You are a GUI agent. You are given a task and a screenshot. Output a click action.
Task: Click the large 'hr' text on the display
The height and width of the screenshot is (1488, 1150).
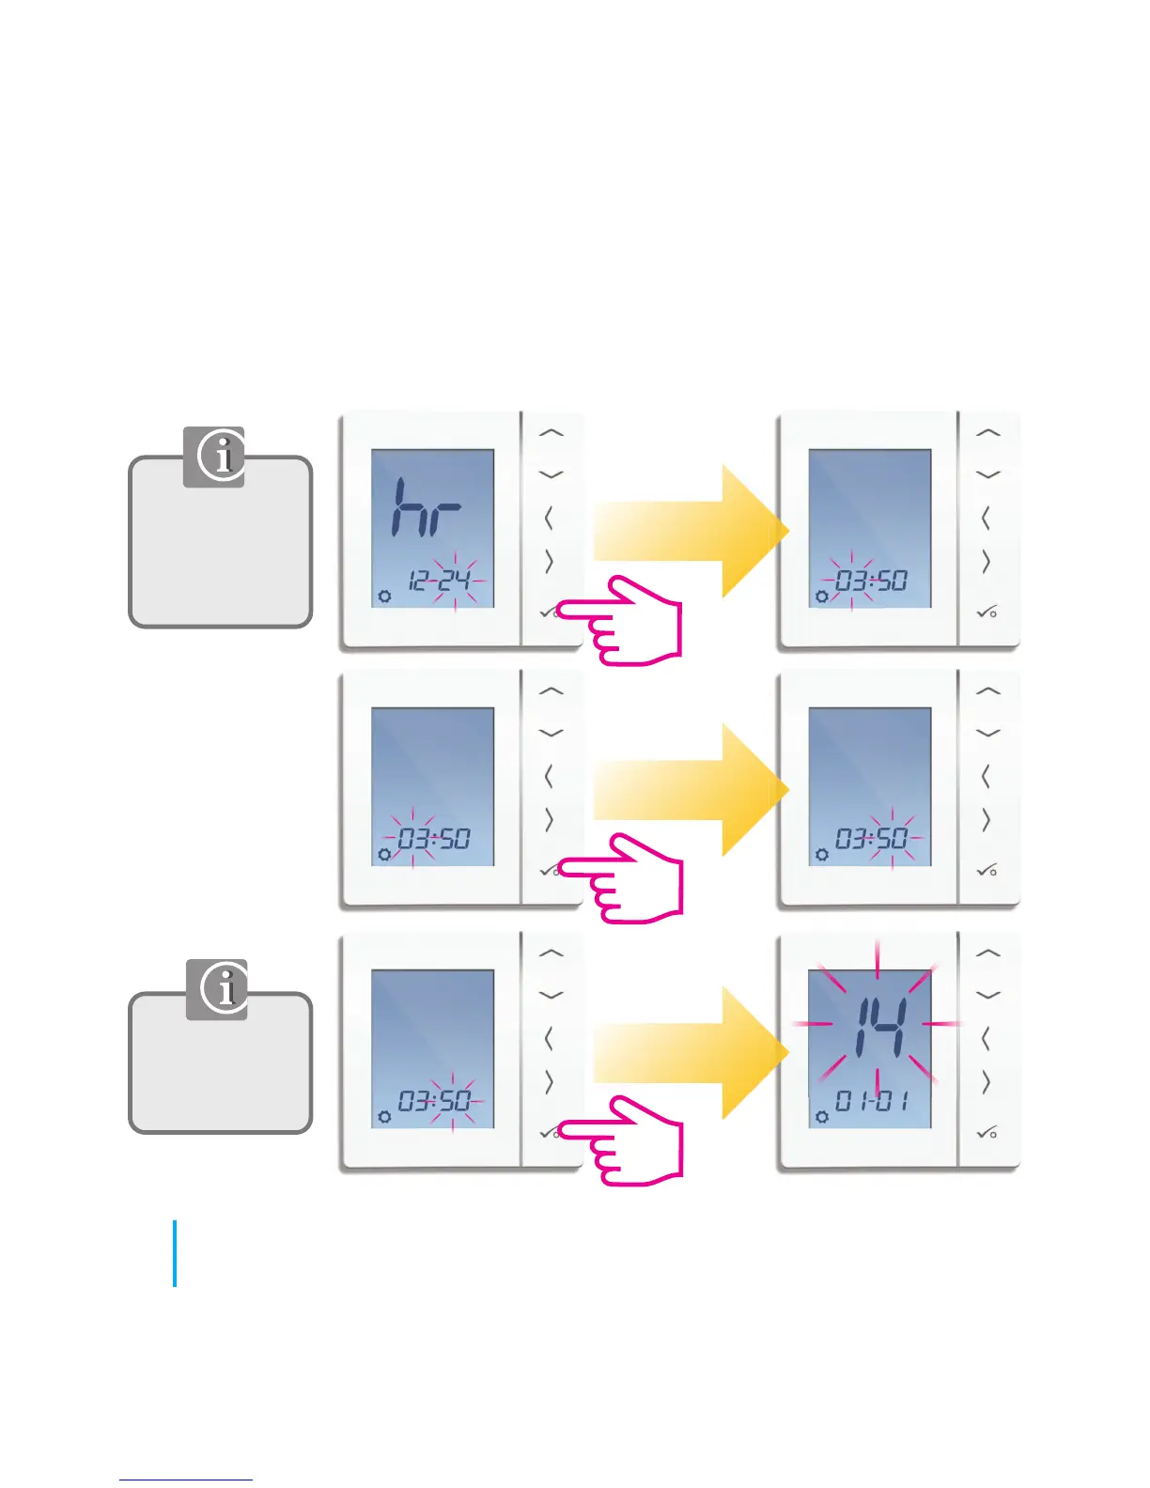(x=426, y=508)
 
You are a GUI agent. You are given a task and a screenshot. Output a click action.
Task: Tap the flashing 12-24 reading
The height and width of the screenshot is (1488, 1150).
(x=441, y=581)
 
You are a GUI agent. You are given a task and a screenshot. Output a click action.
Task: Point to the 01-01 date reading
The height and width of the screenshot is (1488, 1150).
(x=872, y=1101)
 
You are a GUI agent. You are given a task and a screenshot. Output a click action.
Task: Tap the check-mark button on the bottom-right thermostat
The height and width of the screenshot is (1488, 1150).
(x=987, y=1133)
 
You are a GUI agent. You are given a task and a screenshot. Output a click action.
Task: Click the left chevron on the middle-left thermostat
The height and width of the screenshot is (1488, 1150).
(x=549, y=777)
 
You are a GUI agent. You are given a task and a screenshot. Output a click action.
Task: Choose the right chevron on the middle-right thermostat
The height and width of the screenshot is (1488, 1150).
(x=986, y=820)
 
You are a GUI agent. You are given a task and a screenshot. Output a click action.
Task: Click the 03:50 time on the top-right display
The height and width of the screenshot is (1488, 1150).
(x=870, y=581)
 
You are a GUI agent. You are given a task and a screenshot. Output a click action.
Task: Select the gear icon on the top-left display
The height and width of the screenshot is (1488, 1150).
(x=384, y=596)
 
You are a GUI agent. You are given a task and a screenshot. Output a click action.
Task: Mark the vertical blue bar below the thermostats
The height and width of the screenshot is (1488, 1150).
(x=175, y=1253)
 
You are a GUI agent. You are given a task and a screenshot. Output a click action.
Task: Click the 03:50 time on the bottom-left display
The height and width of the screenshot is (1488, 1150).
(x=434, y=1101)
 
